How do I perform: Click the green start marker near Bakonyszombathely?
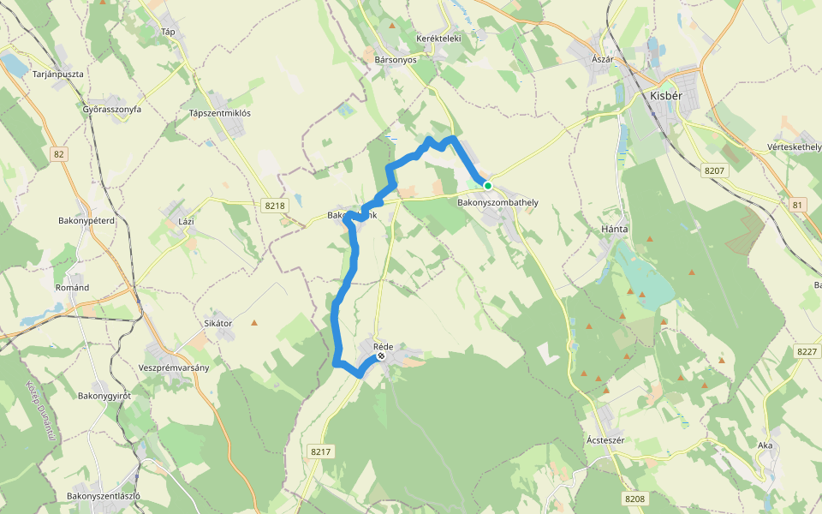coord(488,185)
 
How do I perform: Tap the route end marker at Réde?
coord(381,356)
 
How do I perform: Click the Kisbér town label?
coord(666,96)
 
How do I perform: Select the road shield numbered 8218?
coord(275,206)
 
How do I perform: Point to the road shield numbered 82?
coord(58,154)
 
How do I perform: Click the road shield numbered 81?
coord(798,205)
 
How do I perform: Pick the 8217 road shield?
coord(320,451)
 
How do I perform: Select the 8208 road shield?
coord(634,499)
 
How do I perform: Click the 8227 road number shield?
coord(807,351)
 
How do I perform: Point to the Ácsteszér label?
coord(610,440)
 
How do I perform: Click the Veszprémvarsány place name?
coord(174,367)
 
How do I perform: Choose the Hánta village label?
coord(615,230)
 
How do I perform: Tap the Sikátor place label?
coord(218,323)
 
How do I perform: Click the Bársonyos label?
coord(396,60)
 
